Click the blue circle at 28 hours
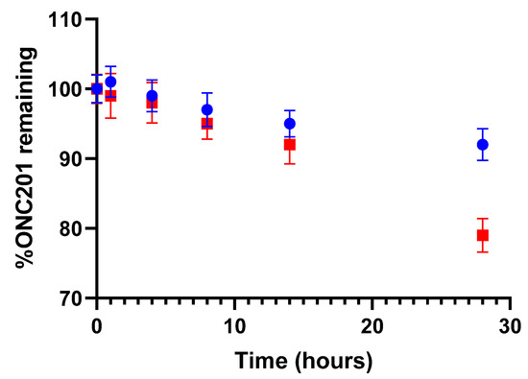[483, 145]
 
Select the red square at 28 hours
[483, 235]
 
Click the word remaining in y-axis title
[28, 102]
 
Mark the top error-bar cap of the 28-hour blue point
[483, 129]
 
